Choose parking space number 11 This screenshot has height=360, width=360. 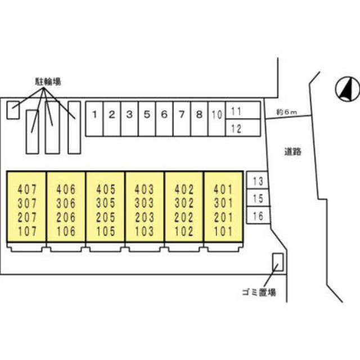pos(237,111)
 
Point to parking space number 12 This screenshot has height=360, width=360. pos(237,128)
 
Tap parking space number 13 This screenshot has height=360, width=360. pos(258,181)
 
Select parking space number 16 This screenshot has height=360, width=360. pos(258,215)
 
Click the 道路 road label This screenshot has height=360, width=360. pos(292,151)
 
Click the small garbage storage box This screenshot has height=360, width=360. pos(277,262)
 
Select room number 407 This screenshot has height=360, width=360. pos(26,188)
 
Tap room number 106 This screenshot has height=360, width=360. pos(66,231)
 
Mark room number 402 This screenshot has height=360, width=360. pos(184,188)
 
